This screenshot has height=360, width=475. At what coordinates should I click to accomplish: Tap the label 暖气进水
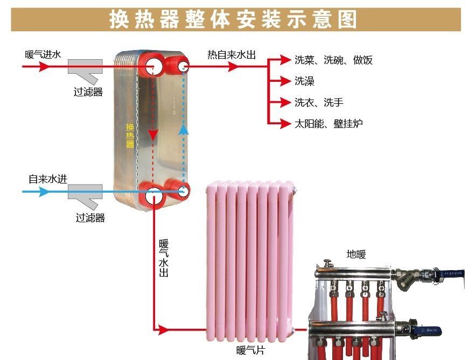pyautogui.click(x=43, y=54)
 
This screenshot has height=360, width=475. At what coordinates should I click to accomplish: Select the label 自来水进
pyautogui.click(x=48, y=179)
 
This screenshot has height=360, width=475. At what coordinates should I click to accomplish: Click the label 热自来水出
pyautogui.click(x=231, y=54)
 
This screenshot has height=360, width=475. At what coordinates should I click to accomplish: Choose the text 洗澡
pyautogui.click(x=304, y=81)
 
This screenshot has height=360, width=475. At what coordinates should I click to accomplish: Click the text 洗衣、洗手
pyautogui.click(x=319, y=102)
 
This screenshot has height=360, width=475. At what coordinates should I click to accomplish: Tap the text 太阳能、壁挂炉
pyautogui.click(x=328, y=124)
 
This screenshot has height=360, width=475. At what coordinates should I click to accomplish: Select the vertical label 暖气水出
pyautogui.click(x=164, y=258)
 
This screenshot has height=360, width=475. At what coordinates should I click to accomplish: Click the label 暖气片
pyautogui.click(x=250, y=351)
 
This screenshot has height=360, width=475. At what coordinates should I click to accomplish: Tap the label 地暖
pyautogui.click(x=356, y=255)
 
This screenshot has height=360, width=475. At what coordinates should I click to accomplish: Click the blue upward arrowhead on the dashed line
pyautogui.click(x=184, y=129)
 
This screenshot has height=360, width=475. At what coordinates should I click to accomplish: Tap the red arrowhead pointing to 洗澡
pyautogui.click(x=287, y=81)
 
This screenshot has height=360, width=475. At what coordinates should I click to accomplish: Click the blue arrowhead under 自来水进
pyautogui.click(x=44, y=191)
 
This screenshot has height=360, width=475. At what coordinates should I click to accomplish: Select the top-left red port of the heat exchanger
pyautogui.click(x=153, y=66)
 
